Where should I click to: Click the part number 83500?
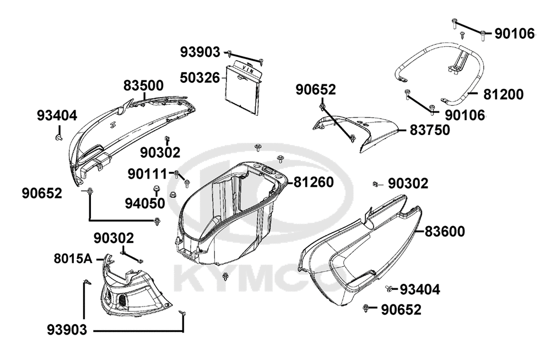point(143,85)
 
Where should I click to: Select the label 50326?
point(200,78)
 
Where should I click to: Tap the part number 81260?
point(314,182)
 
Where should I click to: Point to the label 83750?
point(430,130)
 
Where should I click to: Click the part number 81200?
point(503,94)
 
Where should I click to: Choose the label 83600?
point(445,232)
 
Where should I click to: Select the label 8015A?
point(73,259)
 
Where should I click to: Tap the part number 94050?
point(145,203)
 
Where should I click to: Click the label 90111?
point(147,174)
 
